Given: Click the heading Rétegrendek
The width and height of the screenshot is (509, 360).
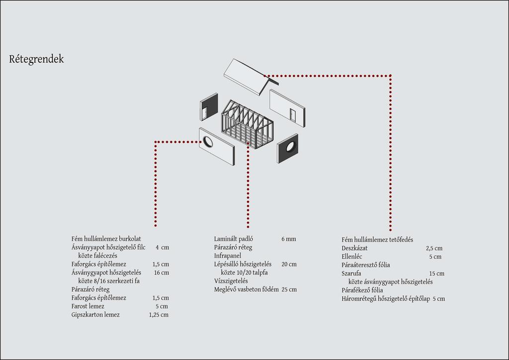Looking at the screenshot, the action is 36,59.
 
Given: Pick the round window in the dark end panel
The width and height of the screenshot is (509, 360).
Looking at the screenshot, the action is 290,147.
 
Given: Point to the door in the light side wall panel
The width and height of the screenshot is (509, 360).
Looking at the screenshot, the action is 293,115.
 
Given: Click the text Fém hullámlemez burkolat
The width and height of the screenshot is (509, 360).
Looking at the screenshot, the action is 106,239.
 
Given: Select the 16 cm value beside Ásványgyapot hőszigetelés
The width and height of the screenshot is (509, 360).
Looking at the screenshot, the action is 162,272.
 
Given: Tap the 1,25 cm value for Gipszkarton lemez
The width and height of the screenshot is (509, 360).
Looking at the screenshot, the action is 159,315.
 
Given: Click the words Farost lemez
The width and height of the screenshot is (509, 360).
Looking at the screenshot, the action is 87,306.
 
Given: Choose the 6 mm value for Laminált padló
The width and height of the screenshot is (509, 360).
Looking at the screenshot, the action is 289,239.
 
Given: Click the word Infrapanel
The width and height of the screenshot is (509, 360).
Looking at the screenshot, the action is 228,256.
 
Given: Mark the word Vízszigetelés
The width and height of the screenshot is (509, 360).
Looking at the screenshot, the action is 231,281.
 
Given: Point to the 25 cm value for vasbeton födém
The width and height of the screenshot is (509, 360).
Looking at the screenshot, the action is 289,289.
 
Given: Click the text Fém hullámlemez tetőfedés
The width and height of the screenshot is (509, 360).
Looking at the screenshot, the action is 377,240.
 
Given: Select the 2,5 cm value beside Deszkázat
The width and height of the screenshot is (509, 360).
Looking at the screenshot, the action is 434,248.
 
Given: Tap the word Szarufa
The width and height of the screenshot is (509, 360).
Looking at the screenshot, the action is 351,273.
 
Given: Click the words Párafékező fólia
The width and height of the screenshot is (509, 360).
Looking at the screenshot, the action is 362,290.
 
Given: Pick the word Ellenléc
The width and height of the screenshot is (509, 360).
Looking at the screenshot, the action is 351,257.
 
